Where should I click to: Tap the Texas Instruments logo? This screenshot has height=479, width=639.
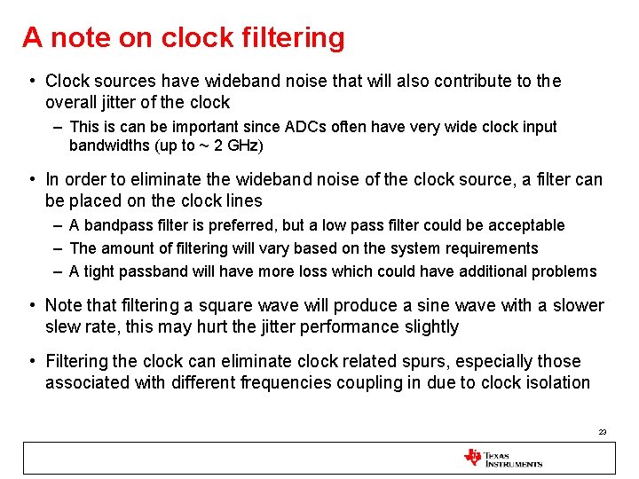tap(502, 458)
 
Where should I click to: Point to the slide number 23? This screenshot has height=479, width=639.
tap(603, 432)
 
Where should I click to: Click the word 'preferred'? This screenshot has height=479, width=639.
tap(247, 225)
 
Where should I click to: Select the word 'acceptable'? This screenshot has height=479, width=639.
tap(524, 225)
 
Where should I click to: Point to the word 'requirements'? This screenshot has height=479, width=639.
tap(493, 248)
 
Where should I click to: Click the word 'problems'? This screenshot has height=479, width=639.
tap(564, 271)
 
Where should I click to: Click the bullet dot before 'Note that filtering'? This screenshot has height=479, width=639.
tap(32, 306)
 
